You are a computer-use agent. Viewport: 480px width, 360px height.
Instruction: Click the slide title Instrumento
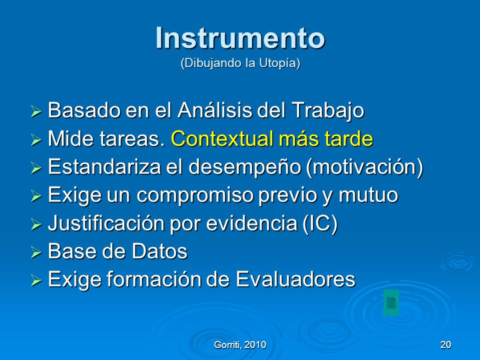[240, 38]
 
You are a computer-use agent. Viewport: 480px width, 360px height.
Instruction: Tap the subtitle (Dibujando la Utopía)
[240, 63]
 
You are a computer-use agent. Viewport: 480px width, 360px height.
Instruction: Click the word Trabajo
[327, 111]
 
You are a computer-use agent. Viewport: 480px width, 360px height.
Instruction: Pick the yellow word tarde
[348, 138]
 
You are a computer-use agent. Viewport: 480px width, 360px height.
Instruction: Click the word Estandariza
[104, 166]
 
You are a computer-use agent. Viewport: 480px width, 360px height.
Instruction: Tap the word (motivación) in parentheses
[364, 167]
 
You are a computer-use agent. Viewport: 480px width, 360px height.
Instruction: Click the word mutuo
[368, 194]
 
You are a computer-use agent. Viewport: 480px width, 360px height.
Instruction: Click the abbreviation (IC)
[320, 223]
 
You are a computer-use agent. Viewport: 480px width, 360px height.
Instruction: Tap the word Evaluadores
[295, 279]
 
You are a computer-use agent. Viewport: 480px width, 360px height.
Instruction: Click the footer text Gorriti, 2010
[240, 345]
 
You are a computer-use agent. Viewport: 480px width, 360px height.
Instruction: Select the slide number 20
[445, 344]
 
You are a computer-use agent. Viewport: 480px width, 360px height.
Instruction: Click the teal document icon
[391, 302]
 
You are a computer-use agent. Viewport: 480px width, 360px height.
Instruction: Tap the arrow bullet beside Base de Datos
[36, 252]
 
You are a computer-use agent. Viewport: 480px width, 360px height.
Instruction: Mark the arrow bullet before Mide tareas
[36, 139]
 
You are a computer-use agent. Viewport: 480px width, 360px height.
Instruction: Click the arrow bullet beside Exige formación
[36, 280]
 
